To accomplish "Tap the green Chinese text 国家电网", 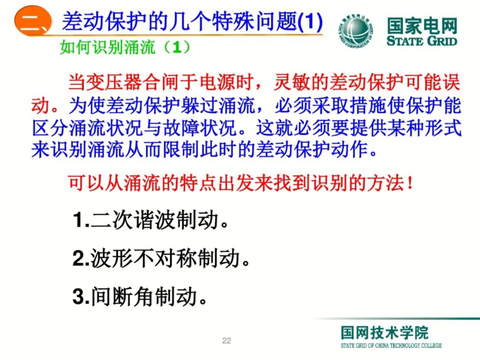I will click(x=421, y=26).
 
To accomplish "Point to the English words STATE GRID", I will click(x=421, y=41).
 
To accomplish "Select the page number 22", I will click(x=227, y=341).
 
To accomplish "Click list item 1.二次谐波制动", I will click(x=151, y=220).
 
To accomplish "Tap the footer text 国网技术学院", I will click(x=385, y=332).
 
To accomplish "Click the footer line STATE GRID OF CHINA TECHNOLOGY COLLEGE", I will click(x=391, y=345).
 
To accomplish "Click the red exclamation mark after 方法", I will click(x=410, y=183).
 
